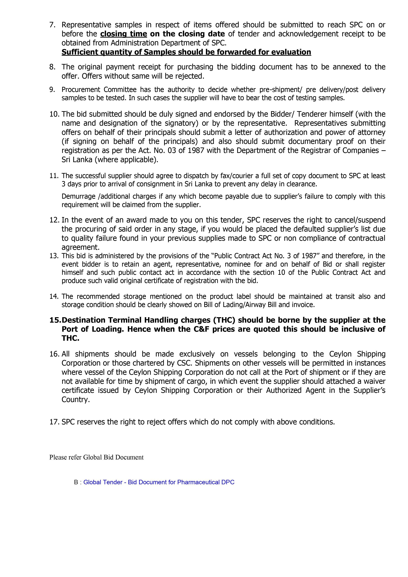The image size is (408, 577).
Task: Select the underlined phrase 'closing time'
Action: [124, 34]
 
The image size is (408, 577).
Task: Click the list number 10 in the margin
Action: [54, 114]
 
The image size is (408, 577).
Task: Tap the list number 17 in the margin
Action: [54, 422]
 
